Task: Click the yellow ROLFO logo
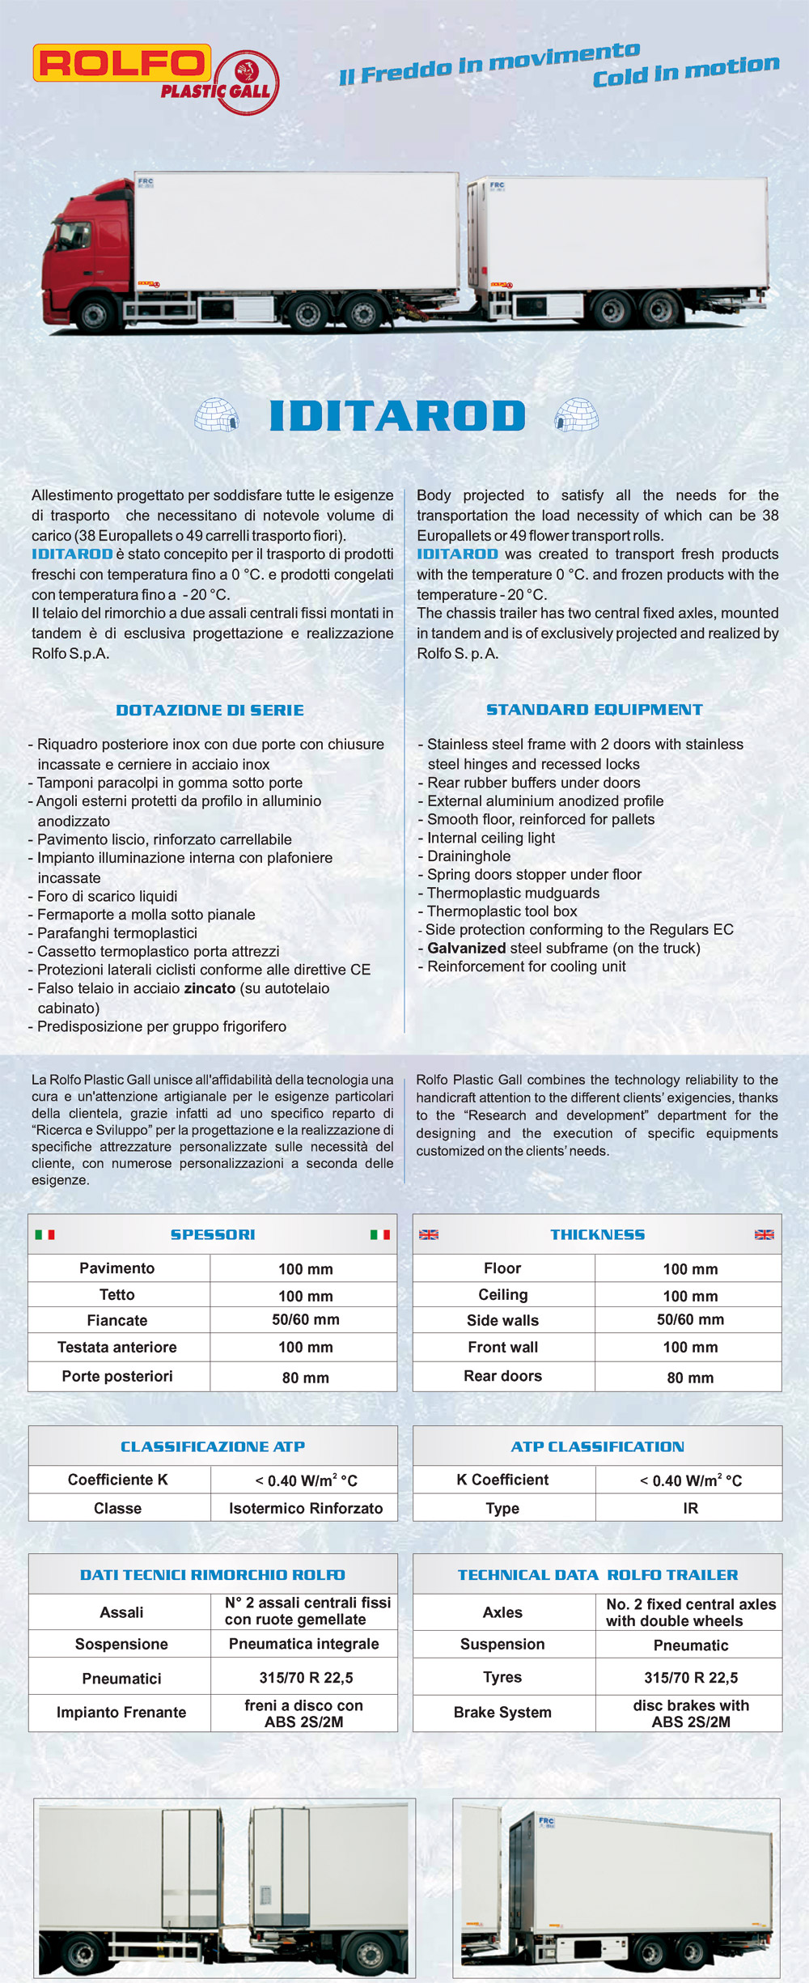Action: point(121,63)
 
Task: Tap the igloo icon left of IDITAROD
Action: point(217,414)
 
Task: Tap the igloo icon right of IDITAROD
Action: point(577,414)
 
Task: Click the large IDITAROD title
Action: point(397,416)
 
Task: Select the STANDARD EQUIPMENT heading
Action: point(594,710)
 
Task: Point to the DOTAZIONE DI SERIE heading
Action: point(210,711)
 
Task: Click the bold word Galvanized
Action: point(477,948)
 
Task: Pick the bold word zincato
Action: point(210,988)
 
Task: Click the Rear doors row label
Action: point(502,1376)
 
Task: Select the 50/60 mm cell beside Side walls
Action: point(690,1319)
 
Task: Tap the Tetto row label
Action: point(117,1295)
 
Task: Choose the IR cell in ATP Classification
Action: point(690,1509)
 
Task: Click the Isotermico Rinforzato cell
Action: point(305,1509)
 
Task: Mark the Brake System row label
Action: point(502,1713)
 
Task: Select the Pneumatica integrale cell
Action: point(303,1644)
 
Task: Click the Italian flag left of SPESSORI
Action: point(44,1235)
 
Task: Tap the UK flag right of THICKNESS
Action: point(764,1235)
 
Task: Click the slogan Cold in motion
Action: point(686,70)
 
